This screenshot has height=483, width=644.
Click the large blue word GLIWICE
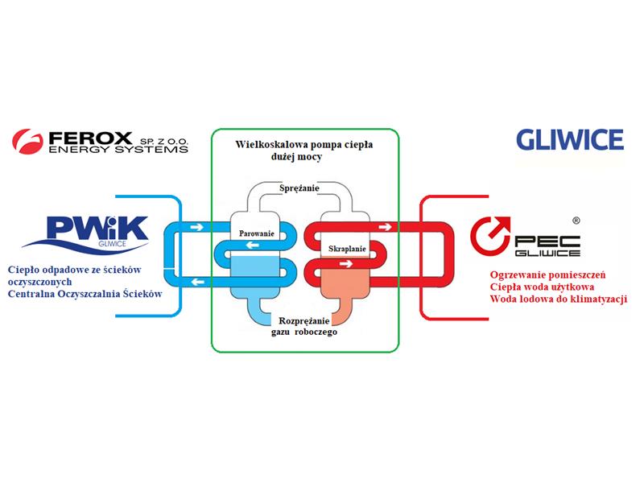(x=570, y=140)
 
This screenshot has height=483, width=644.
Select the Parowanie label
(x=257, y=233)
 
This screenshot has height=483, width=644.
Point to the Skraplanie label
(x=348, y=250)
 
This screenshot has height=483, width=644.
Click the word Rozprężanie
(x=303, y=320)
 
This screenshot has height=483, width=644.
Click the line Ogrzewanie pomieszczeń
(x=547, y=275)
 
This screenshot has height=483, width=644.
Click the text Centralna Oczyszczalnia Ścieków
(x=85, y=295)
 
